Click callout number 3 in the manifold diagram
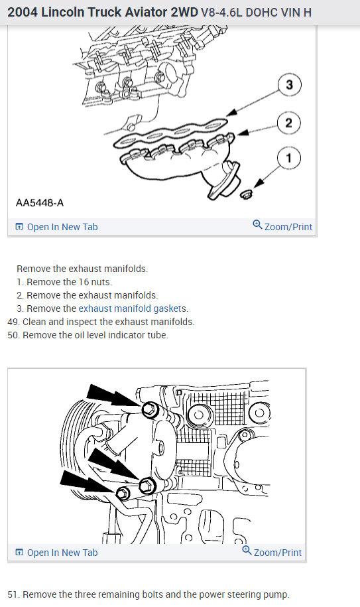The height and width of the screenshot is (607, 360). click(x=289, y=85)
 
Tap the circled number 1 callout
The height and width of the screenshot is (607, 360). click(x=289, y=158)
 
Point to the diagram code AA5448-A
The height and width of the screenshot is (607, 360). click(x=40, y=202)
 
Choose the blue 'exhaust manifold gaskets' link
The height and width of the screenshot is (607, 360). click(x=133, y=308)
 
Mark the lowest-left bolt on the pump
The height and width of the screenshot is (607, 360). click(x=122, y=493)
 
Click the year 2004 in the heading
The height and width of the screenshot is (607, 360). click(x=24, y=12)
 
